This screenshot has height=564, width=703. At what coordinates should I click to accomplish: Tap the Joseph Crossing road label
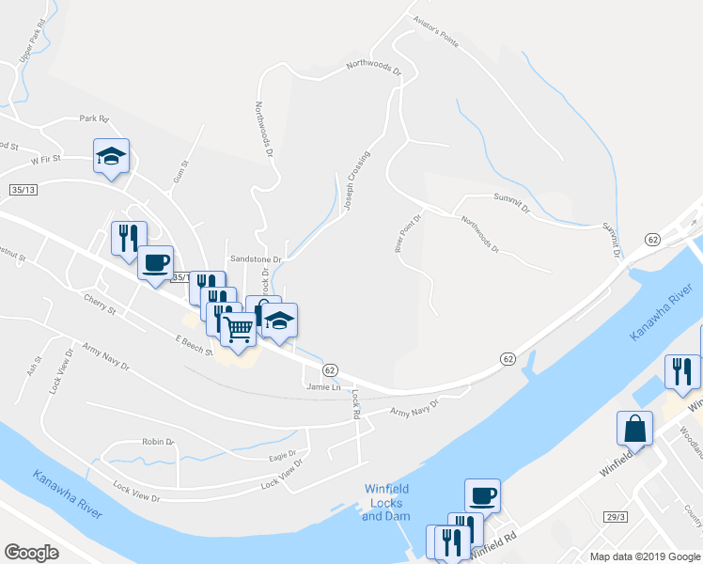click(356, 180)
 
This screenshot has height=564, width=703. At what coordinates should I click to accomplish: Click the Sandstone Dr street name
click(252, 258)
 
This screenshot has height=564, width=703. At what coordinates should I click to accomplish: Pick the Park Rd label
click(94, 118)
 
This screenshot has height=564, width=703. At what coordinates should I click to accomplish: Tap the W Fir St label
click(45, 161)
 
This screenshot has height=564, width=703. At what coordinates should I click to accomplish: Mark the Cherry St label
click(98, 308)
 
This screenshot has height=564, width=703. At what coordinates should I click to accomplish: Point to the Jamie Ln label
click(320, 386)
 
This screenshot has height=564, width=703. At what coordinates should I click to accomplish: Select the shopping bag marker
click(634, 429)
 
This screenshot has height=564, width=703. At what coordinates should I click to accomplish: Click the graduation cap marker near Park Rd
click(111, 156)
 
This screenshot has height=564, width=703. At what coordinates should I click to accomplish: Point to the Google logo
click(32, 552)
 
